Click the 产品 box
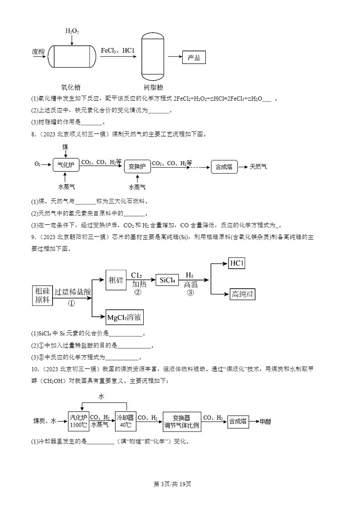194,58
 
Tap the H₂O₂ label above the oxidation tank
72,31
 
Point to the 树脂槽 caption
153,87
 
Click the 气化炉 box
66,166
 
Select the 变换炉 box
137,166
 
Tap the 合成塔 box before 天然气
224,166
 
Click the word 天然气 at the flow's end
258,166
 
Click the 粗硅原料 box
42,296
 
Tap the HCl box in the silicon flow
237,263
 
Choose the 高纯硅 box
243,294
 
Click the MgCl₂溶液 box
124,318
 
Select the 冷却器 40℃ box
126,421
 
